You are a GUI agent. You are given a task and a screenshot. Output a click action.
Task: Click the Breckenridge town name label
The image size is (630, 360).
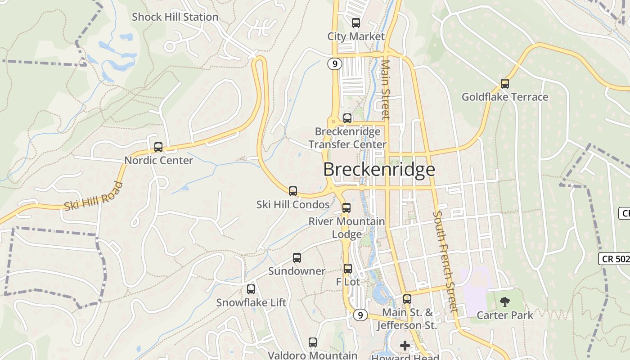(x=379, y=170)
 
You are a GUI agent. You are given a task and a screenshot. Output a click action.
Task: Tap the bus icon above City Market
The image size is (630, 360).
(x=356, y=22)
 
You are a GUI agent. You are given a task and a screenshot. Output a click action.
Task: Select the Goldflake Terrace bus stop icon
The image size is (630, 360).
(x=504, y=83)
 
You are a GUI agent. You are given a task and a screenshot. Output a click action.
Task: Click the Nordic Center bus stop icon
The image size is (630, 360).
(x=158, y=147)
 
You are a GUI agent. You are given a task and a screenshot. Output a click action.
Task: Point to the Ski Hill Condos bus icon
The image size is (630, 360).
(x=293, y=191)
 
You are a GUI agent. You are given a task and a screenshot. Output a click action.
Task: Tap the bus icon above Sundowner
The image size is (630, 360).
(x=297, y=257)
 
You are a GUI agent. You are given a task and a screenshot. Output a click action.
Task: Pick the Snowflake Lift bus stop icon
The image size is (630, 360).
(x=251, y=289)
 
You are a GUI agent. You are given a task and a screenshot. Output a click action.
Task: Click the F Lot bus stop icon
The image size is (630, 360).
(x=348, y=268)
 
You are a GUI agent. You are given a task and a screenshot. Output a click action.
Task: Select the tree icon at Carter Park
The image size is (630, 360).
(x=505, y=301)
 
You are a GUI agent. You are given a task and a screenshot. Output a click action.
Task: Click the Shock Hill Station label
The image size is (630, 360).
(x=175, y=17)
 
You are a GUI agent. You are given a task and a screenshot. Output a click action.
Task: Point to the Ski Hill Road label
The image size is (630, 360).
(x=94, y=196)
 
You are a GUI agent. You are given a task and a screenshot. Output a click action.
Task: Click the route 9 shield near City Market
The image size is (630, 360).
(x=334, y=64)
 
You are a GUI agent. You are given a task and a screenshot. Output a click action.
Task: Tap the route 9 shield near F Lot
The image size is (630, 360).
(x=360, y=315)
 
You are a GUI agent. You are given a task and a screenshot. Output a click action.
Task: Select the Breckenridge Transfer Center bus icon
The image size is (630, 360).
(x=347, y=118)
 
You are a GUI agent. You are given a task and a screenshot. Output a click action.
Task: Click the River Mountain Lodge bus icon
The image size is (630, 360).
(x=346, y=207)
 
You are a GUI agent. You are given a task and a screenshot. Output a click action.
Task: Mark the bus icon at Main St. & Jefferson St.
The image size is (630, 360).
(x=407, y=298)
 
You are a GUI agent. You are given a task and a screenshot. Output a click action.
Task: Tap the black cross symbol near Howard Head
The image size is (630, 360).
(x=405, y=346)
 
